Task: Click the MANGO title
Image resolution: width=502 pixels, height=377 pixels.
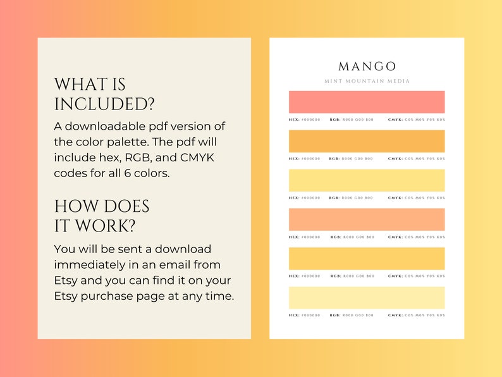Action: pos(367,66)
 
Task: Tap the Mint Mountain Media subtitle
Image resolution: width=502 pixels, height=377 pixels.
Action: pos(367,81)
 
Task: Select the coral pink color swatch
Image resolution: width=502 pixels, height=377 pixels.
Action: pos(367,102)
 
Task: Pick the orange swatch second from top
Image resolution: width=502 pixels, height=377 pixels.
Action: pos(367,141)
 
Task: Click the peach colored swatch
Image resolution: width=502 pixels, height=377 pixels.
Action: pos(367,219)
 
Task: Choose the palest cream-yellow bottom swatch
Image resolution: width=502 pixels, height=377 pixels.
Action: pos(367,297)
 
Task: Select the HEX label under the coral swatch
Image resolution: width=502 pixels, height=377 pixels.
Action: pos(294,120)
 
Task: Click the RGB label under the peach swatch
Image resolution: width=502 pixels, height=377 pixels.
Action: pos(336,237)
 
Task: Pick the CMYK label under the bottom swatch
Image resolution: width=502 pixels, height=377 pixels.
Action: pos(395,315)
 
